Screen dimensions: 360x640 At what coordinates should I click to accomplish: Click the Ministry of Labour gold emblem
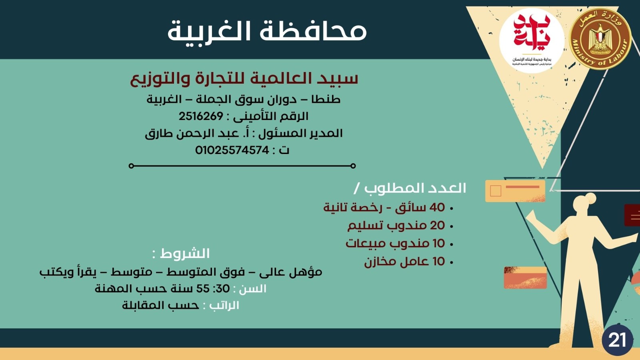tap(600, 39)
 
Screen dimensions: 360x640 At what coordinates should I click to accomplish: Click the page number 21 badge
tap(617, 340)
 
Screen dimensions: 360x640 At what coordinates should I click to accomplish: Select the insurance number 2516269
tap(201, 116)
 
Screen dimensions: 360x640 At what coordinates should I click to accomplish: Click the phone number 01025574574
tap(232, 150)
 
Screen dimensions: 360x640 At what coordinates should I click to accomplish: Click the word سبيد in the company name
tap(338, 78)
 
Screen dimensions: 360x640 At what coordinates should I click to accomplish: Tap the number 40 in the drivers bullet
tap(437, 207)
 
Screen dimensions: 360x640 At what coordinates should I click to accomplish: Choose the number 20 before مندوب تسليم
tap(437, 226)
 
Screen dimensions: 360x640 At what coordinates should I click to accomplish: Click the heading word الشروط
tap(185, 254)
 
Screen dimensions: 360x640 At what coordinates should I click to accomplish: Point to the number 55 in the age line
tap(203, 289)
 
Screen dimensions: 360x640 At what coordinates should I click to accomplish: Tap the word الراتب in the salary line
tap(224, 306)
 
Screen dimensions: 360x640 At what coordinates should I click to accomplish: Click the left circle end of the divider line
tap(131, 166)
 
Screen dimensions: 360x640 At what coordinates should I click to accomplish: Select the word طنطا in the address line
tap(326, 99)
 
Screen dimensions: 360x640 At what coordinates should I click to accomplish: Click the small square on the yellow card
tap(496, 191)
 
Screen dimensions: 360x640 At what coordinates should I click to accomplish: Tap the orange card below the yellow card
tap(525, 278)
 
